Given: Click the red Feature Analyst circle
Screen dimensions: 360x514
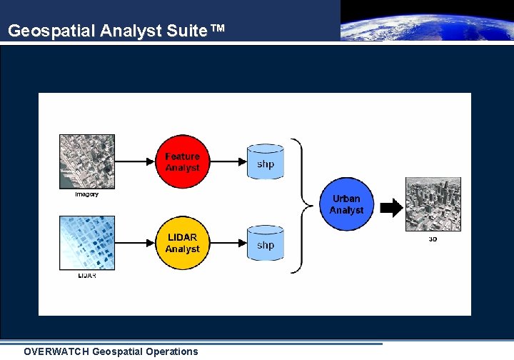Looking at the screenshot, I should point(183,161).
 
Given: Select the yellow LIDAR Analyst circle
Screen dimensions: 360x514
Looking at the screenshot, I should point(183,243).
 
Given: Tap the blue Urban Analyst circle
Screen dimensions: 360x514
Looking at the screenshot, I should point(346,204).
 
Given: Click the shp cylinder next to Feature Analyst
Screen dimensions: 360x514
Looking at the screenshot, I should point(266,163).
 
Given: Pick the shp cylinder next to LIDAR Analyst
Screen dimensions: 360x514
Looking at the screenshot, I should point(266,244).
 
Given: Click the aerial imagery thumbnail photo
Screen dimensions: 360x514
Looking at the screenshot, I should point(87,161).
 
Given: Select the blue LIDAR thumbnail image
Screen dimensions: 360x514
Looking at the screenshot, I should point(87,243).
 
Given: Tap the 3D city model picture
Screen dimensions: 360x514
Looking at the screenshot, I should point(433,205).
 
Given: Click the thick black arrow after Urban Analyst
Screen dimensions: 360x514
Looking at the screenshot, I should point(391,208).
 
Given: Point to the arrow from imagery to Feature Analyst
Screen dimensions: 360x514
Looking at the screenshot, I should point(136,161).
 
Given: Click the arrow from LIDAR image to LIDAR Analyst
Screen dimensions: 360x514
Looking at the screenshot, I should point(136,243).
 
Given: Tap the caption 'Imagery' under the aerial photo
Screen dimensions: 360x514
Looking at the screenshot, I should point(87,194).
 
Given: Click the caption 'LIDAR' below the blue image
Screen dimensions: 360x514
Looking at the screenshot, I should point(87,276).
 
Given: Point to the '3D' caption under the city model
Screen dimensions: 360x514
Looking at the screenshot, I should point(433,239).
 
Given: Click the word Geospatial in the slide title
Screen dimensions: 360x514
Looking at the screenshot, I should point(51,31).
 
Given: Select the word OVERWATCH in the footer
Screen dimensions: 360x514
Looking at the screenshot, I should point(56,351).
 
